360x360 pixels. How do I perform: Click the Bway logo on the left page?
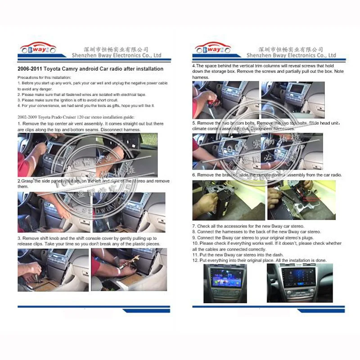(x=37, y=49)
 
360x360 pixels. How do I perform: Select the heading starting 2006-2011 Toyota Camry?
(x=90, y=69)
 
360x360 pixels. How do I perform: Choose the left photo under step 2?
(x=54, y=212)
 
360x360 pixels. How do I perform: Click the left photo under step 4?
(x=225, y=100)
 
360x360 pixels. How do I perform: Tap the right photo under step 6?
(x=301, y=200)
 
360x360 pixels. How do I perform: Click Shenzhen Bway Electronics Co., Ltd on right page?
(x=291, y=55)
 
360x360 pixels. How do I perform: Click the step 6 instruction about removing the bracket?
(x=267, y=175)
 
